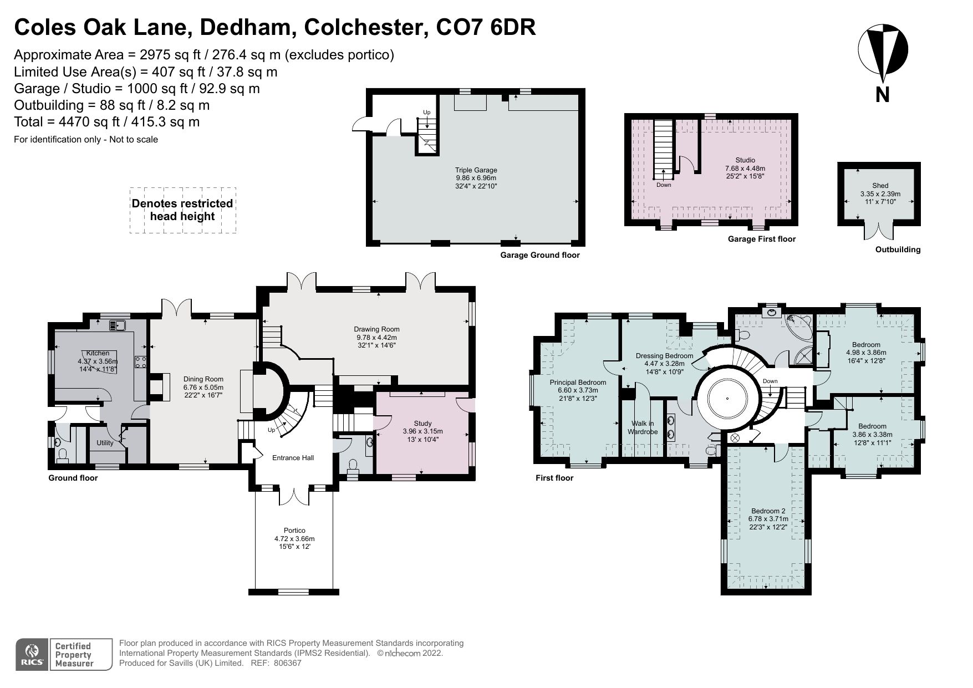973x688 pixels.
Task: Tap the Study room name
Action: (422, 424)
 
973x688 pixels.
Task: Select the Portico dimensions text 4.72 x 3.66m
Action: (294, 538)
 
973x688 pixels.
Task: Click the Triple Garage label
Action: (476, 170)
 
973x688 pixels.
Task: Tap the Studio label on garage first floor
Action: (745, 160)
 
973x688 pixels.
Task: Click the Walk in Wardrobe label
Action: (643, 427)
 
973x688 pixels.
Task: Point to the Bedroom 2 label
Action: (768, 511)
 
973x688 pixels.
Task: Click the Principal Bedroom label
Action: (578, 383)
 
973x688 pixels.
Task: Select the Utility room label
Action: (105, 442)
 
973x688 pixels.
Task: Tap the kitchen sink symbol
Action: (118, 325)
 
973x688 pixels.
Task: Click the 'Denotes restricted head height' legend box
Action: (182, 210)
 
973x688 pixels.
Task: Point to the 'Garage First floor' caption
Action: (761, 239)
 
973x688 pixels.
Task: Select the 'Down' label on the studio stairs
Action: (664, 185)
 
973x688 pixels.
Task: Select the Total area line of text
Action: (106, 122)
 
